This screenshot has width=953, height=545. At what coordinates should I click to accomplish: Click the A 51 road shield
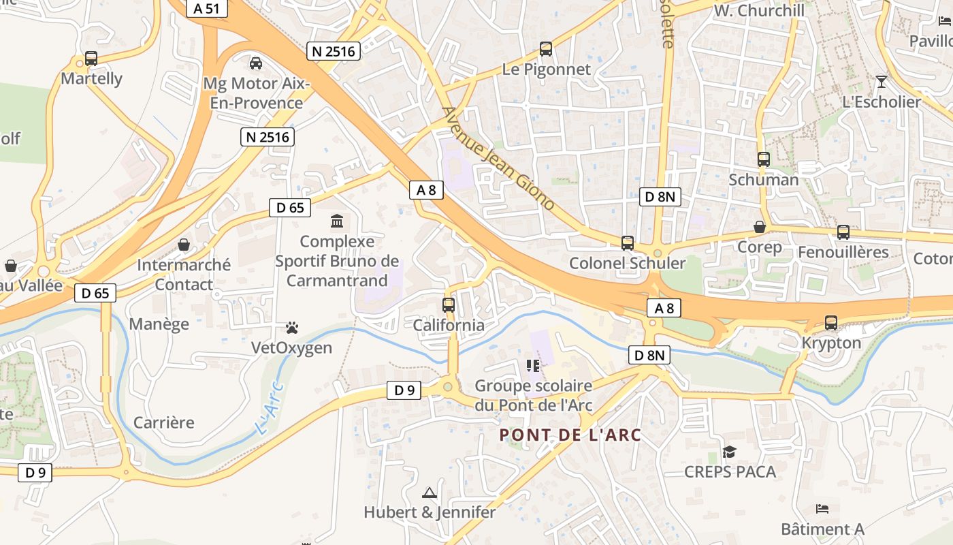(207, 8)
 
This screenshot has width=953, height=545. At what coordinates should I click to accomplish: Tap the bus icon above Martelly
(91, 59)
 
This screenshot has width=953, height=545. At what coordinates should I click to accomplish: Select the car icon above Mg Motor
(256, 63)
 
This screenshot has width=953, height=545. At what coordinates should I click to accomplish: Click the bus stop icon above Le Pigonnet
(546, 49)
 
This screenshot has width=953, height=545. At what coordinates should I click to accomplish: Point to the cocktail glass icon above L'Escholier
(882, 82)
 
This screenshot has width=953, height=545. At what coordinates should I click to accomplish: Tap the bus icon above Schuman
(764, 159)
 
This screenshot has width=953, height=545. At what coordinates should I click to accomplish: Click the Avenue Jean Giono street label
(498, 158)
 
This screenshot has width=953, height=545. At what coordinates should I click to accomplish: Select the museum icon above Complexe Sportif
(336, 221)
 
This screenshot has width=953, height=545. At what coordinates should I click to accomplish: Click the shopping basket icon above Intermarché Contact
(184, 244)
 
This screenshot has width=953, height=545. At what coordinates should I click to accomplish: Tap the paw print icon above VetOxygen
(292, 328)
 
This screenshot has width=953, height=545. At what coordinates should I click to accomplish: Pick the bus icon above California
(449, 305)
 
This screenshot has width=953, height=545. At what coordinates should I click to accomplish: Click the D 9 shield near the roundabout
(404, 390)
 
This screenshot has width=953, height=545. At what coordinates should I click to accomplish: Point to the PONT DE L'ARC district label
(570, 435)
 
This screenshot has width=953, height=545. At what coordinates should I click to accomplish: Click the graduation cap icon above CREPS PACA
(730, 452)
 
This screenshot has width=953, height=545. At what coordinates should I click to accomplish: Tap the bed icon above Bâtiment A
(822, 509)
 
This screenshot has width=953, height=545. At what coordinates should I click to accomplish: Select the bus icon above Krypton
(831, 323)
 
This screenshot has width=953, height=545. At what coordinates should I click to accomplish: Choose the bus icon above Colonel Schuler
(628, 243)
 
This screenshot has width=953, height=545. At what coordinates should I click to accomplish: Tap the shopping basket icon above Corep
(760, 227)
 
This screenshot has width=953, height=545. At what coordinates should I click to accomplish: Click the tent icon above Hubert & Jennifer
(430, 493)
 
